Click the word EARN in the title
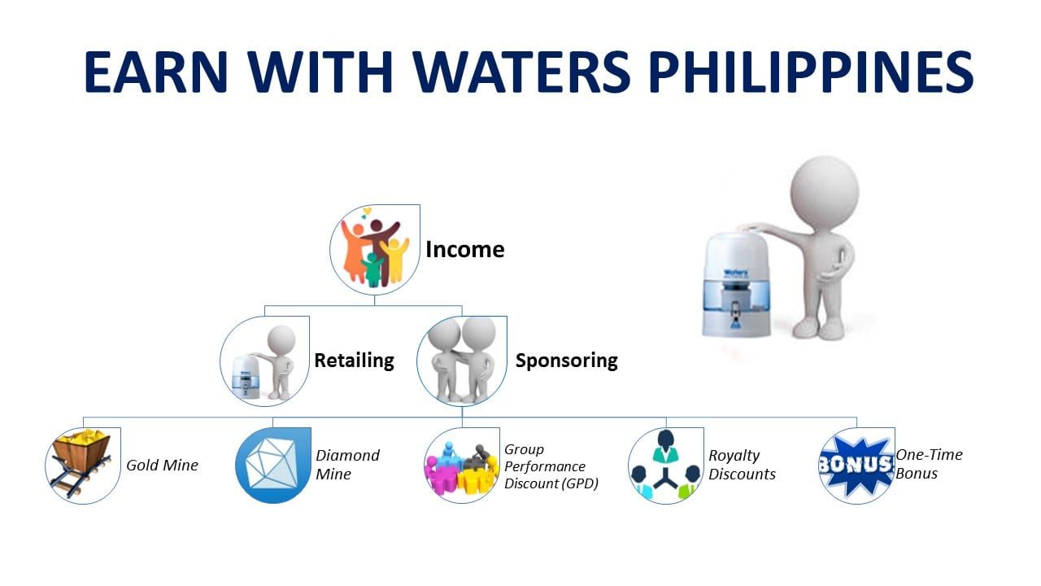155,72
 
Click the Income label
464,249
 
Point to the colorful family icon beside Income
375,250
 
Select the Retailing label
354,361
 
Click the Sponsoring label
567,361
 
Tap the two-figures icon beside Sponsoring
461,361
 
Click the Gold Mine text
162,465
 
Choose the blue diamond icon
272,466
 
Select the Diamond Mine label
347,465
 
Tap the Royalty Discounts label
742,465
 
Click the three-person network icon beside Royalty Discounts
665,466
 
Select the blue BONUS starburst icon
856,466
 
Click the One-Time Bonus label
929,464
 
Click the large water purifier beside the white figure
735,285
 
